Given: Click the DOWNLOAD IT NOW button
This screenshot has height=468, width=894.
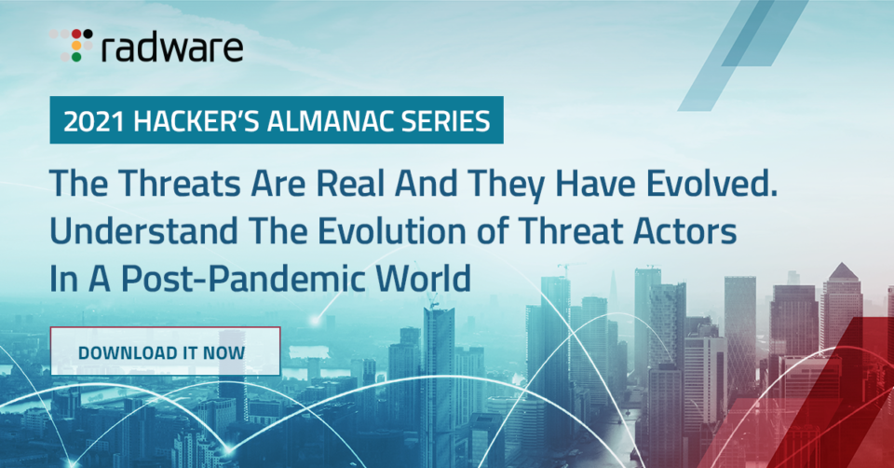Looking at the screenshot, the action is tap(166, 351).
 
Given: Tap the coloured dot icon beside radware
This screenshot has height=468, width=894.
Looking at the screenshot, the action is tap(72, 45).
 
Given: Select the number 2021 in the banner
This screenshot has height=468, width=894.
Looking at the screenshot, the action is tap(94, 121).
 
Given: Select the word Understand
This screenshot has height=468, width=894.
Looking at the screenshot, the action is tap(143, 232).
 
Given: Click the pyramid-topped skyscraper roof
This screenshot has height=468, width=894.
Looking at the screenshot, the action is tap(842, 271).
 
